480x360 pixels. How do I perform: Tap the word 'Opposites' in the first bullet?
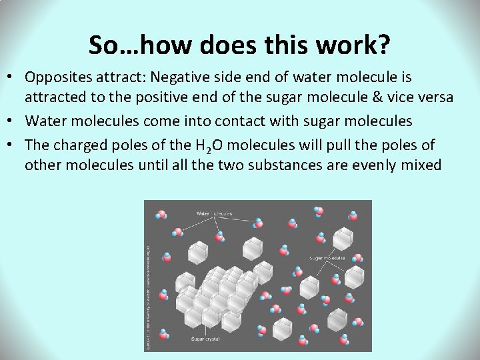[x=58, y=77]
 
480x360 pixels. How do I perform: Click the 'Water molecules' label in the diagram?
[x=214, y=213]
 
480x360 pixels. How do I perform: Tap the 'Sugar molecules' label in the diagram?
[x=327, y=257]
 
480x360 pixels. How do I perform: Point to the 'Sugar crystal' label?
[x=205, y=339]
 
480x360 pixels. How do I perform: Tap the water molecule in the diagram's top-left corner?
[x=161, y=214]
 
